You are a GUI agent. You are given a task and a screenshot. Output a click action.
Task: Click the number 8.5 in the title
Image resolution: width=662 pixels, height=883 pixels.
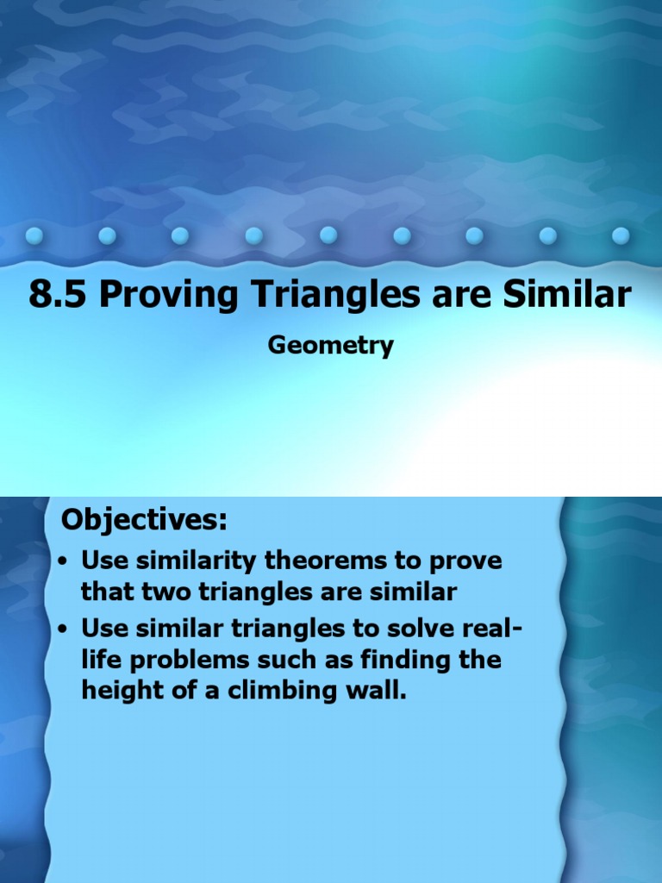coord(58,295)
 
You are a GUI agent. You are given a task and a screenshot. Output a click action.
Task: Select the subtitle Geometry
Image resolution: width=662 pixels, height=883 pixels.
coord(331,345)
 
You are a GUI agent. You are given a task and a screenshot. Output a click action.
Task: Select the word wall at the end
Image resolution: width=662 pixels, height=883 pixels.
coord(373,692)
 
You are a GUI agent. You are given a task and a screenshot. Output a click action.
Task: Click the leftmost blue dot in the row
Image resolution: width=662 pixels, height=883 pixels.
coord(34,235)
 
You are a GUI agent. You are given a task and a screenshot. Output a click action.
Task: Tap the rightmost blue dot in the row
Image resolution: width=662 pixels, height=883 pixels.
coord(621,235)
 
